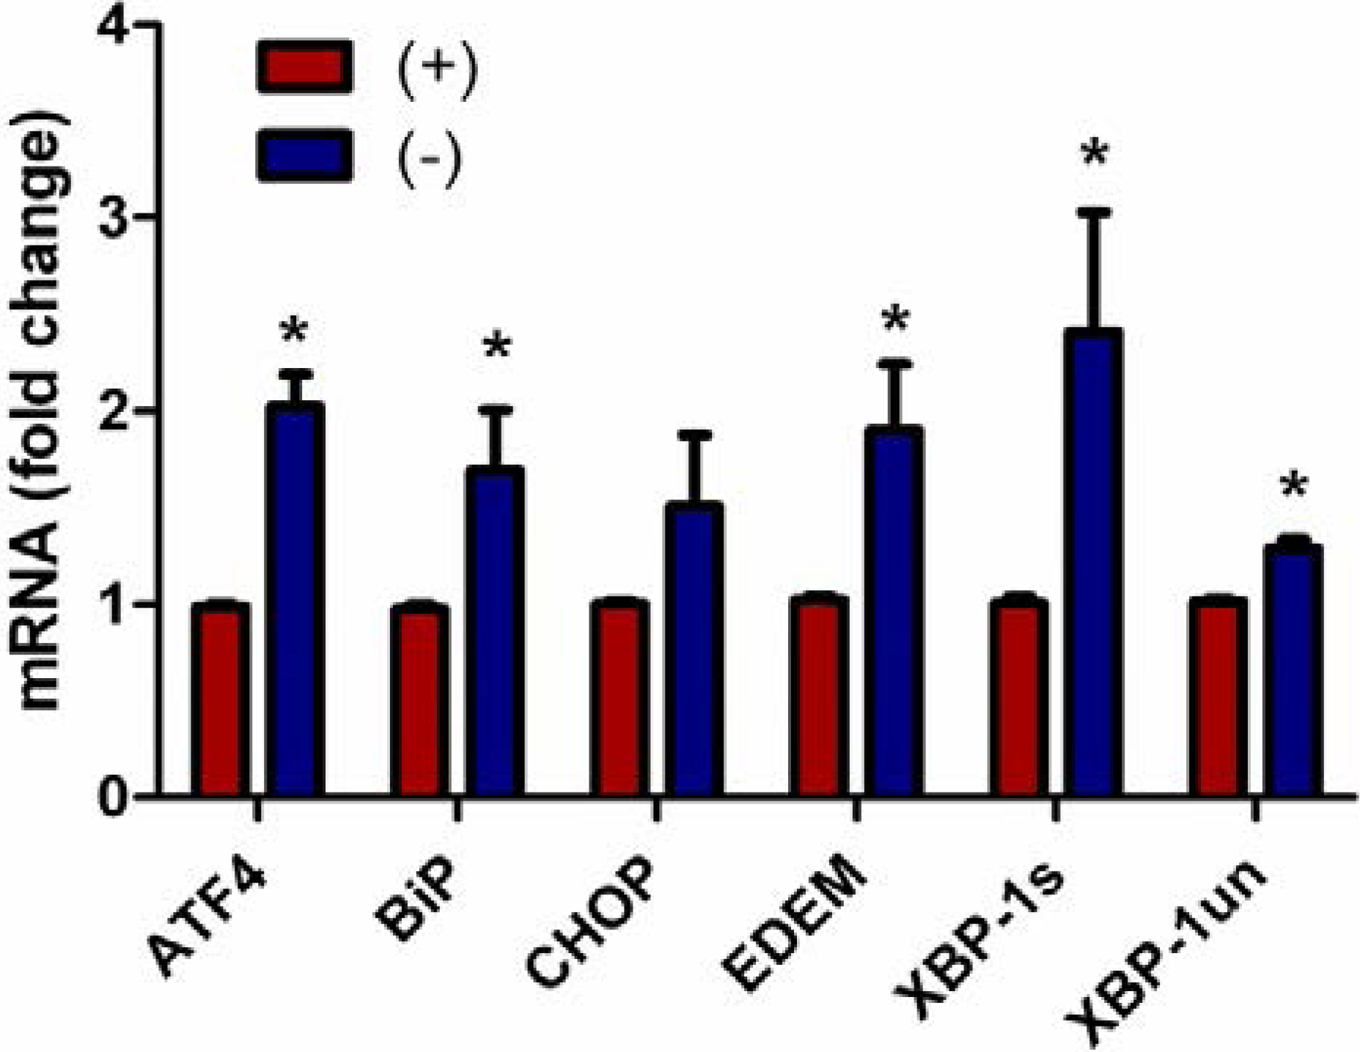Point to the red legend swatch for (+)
[x=305, y=66]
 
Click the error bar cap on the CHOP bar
[x=694, y=435]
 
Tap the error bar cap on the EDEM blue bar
[x=894, y=363]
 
